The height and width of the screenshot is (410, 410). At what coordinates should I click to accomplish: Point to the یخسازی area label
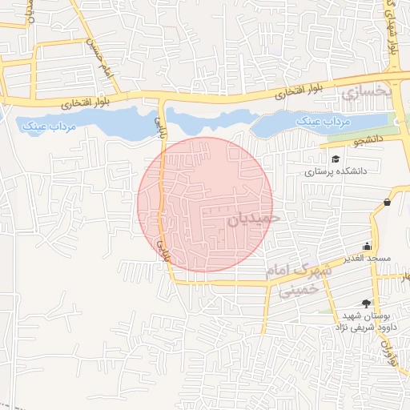pyautogui.click(x=367, y=93)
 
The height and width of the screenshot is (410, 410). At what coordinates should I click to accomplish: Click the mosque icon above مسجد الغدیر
pyautogui.click(x=367, y=246)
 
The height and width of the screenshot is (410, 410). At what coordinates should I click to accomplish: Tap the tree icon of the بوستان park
pyautogui.click(x=367, y=303)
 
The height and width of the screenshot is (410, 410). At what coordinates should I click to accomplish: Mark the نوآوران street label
pyautogui.click(x=392, y=352)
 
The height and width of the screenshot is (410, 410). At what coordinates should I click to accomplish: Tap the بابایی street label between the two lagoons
pyautogui.click(x=159, y=123)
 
